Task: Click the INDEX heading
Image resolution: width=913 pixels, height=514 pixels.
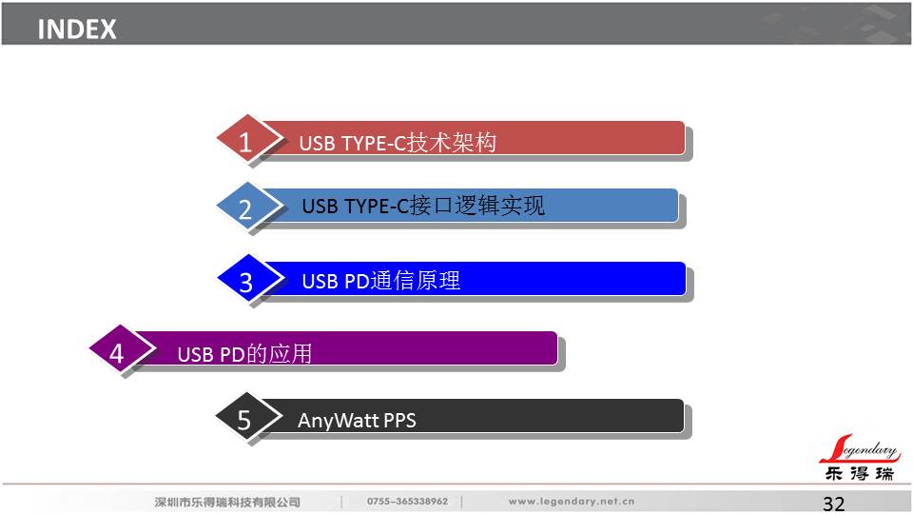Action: click(77, 30)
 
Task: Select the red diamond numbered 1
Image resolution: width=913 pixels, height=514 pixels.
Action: click(248, 140)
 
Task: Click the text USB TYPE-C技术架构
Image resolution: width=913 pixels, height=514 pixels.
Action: click(398, 143)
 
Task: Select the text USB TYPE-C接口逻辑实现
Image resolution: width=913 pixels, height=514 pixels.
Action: click(423, 206)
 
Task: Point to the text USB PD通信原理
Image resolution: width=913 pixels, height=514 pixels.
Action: click(381, 281)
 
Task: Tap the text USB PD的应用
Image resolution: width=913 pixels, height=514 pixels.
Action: click(244, 354)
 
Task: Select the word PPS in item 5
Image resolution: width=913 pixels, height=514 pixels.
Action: click(400, 420)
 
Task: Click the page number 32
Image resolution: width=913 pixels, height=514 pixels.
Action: click(834, 504)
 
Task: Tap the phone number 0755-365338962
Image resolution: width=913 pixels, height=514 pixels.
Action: click(408, 502)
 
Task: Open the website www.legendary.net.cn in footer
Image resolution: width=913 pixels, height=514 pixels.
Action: click(572, 502)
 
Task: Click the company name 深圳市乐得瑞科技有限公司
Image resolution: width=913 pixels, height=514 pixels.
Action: click(227, 502)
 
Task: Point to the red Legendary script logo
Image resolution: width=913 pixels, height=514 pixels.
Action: click(860, 448)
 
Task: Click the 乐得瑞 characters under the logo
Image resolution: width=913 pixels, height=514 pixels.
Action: click(860, 473)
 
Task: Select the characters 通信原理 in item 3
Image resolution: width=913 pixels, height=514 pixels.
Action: click(416, 281)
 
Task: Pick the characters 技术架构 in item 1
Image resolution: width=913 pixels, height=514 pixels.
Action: click(452, 142)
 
